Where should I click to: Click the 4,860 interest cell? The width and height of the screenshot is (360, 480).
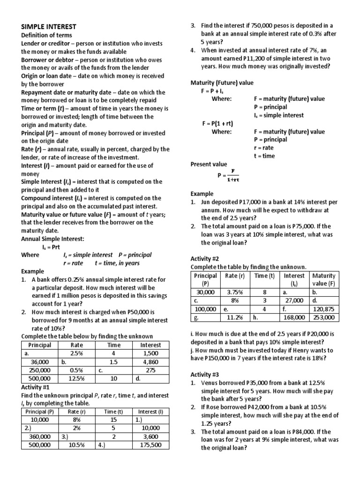[x=150, y=362]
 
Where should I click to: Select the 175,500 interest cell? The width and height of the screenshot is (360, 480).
[x=150, y=445]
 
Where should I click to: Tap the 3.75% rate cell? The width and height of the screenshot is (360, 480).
[x=235, y=292]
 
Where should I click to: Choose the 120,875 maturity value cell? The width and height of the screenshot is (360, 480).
[x=323, y=308]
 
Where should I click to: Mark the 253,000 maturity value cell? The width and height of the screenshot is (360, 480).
[x=323, y=317]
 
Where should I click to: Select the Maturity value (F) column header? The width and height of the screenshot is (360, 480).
[x=323, y=279]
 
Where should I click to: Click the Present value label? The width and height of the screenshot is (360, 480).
[x=209, y=164]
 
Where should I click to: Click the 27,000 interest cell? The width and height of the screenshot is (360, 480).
[x=294, y=300]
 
